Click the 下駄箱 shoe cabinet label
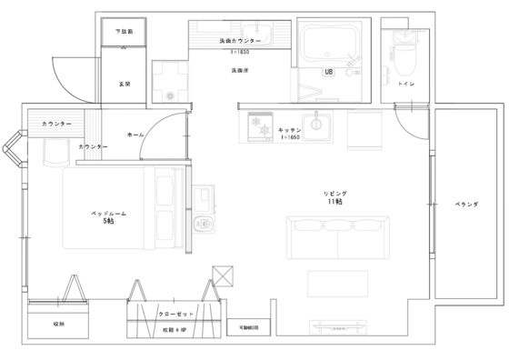tap(123, 32)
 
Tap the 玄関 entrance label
tap(123, 84)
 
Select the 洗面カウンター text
tap(240, 42)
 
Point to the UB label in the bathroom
tap(328, 73)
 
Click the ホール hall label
tap(135, 134)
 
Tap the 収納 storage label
tap(58, 324)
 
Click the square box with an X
tap(222, 275)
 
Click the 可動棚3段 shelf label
tap(248, 325)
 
